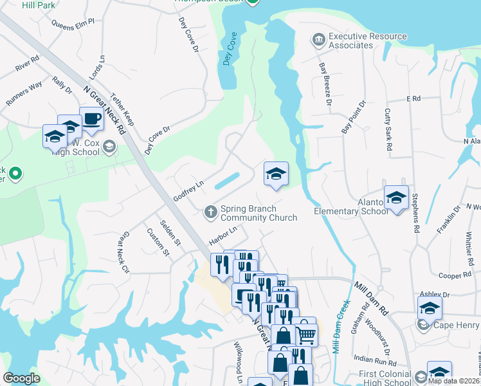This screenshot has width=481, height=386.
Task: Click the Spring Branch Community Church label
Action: point(259,213)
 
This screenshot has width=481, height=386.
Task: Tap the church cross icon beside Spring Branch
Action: point(210,211)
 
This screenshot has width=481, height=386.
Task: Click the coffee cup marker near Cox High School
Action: point(91,119)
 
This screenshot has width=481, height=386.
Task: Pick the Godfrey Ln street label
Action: point(188,190)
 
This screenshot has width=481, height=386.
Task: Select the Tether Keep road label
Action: point(122,109)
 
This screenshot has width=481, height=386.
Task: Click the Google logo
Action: point(21,378)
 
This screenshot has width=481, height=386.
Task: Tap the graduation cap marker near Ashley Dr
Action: point(430,308)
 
